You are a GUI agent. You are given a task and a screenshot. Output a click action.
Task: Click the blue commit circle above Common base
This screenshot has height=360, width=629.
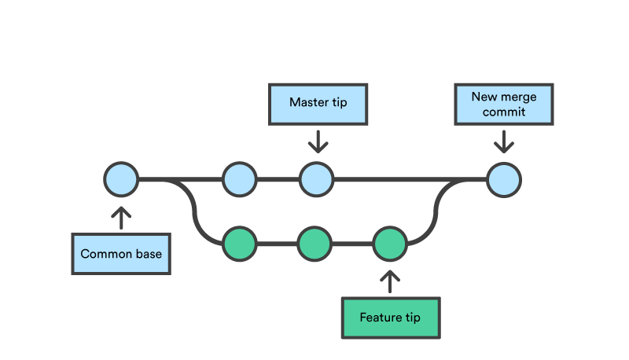tap(121, 179)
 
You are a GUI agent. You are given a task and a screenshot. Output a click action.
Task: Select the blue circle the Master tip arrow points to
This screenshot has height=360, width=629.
tap(316, 179)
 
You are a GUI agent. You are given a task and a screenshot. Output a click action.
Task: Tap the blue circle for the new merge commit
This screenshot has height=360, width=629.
tap(503, 179)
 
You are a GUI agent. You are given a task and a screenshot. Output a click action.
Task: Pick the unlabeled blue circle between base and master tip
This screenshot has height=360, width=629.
tap(239, 179)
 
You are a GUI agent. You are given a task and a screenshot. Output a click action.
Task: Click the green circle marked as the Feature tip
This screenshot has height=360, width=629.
tap(390, 244)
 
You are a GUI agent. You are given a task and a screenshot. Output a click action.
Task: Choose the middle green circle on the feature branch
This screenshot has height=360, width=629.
tap(314, 244)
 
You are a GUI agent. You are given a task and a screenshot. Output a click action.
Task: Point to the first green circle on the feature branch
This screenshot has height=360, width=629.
tap(239, 244)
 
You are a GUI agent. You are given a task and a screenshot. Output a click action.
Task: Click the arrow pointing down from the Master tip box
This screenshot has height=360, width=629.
tap(317, 141)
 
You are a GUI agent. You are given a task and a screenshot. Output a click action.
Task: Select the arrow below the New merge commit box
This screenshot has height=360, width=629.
tap(503, 141)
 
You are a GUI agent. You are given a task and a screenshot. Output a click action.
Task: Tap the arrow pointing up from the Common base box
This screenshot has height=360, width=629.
tap(121, 216)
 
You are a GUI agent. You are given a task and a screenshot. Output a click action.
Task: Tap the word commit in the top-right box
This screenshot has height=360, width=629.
tap(503, 112)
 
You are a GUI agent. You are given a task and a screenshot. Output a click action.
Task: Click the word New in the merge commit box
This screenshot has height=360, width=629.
tap(483, 97)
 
